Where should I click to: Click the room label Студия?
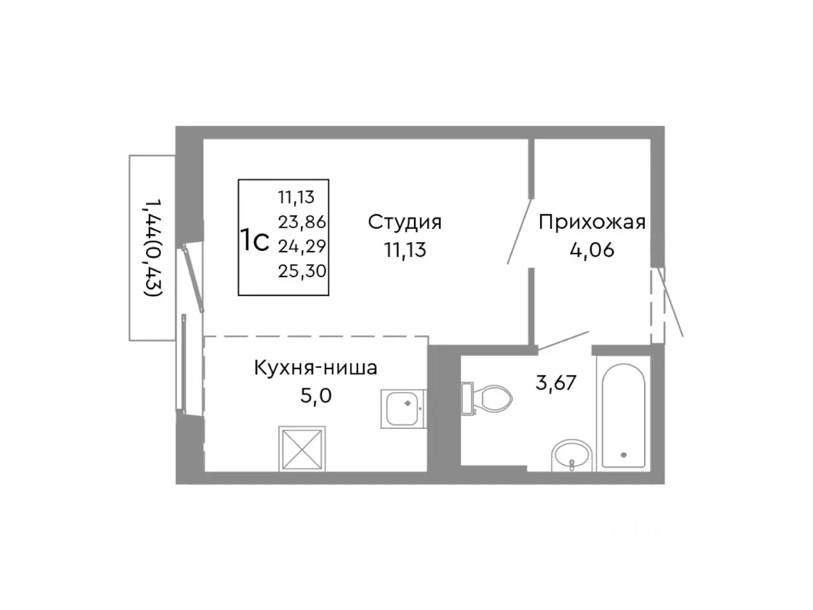coord(405,222)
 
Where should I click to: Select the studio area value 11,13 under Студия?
coord(405,250)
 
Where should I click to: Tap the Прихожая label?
coord(592,222)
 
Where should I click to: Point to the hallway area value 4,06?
coord(592,250)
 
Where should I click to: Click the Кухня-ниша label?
coord(315,367)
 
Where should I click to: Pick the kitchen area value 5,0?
coord(316,396)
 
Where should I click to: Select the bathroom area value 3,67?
coord(556,383)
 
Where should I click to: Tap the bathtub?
coord(623,416)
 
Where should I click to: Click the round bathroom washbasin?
coord(572,455)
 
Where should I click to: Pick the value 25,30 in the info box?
coord(302,272)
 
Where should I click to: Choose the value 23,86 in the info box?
coord(302,222)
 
